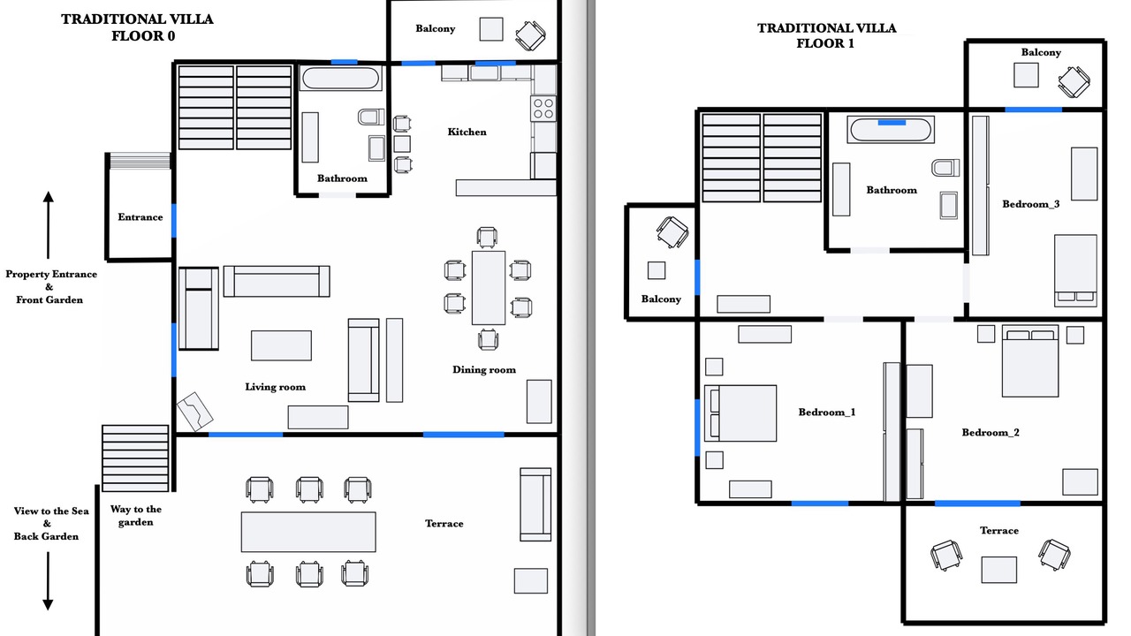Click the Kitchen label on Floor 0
pyautogui.click(x=467, y=132)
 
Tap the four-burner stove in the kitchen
pyautogui.click(x=543, y=109)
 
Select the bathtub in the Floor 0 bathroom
pyautogui.click(x=340, y=79)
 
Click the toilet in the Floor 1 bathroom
pyautogui.click(x=945, y=168)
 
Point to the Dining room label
pyautogui.click(x=484, y=370)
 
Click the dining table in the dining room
pyautogui.click(x=489, y=288)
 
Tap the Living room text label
pyautogui.click(x=275, y=387)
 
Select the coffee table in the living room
pyautogui.click(x=281, y=345)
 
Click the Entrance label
pyautogui.click(x=140, y=217)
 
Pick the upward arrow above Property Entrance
pyautogui.click(x=48, y=225)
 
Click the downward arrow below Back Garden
pyautogui.click(x=48, y=581)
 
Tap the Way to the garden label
pyautogui.click(x=136, y=515)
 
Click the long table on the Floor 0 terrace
pyautogui.click(x=308, y=532)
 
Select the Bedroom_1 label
pyautogui.click(x=827, y=413)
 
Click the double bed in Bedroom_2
pyautogui.click(x=1030, y=361)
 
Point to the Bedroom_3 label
pyautogui.click(x=1031, y=204)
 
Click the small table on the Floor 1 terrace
pyautogui.click(x=999, y=570)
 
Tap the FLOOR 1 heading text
pyautogui.click(x=825, y=43)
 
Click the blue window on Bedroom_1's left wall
pyautogui.click(x=697, y=428)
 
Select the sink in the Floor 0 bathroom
pyautogui.click(x=376, y=148)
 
